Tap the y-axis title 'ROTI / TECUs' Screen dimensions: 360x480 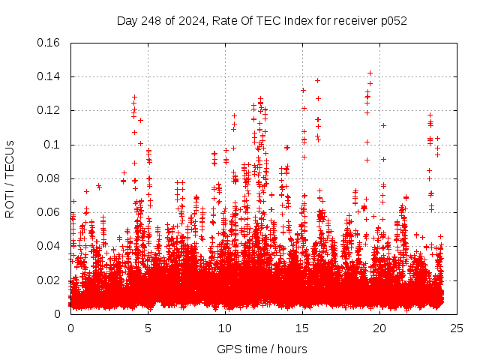(x=10, y=178)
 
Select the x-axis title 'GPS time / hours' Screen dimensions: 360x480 (x=262, y=349)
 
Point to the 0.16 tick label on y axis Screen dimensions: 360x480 (x=49, y=43)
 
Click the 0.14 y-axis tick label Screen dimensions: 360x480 (x=49, y=76)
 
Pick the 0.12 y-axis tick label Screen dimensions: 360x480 (x=49, y=110)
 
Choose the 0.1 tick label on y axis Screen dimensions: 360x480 (x=54, y=145)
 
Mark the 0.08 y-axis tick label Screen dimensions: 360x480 (x=49, y=178)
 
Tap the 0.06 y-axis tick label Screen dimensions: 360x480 (x=49, y=212)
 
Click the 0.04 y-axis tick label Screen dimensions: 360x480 (x=49, y=246)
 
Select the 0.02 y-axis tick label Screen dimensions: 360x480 (x=49, y=280)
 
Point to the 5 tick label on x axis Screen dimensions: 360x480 (x=148, y=328)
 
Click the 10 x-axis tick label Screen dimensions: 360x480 (x=225, y=328)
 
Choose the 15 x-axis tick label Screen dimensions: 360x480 (x=302, y=328)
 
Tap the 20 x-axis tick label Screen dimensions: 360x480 (x=379, y=328)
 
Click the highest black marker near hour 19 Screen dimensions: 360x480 (x=370, y=73)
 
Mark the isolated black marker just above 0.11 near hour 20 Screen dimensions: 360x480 (x=383, y=125)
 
